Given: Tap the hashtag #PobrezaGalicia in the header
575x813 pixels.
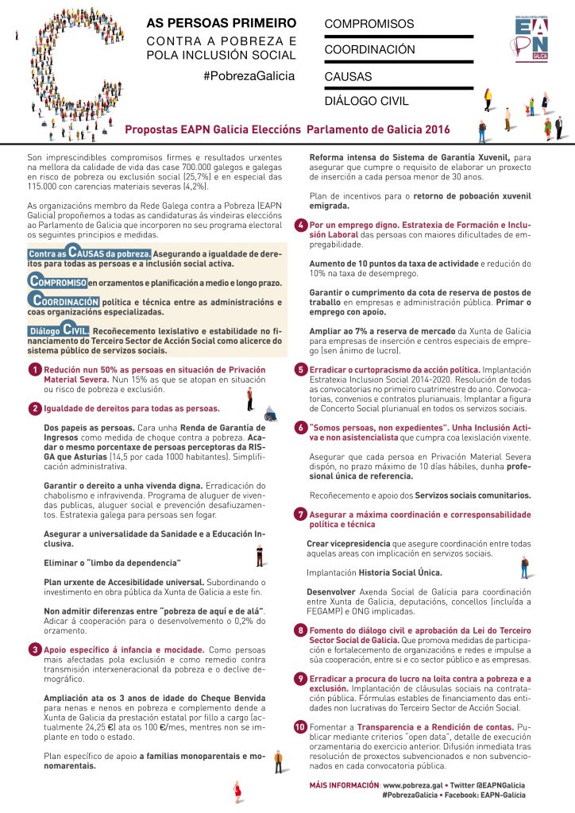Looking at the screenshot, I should (x=249, y=75).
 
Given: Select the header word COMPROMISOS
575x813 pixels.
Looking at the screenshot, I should (x=369, y=25).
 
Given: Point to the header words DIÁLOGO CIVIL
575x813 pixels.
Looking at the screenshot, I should (x=366, y=101).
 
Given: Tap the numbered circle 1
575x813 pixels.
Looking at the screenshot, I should (x=35, y=370).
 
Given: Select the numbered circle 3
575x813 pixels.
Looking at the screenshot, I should (x=35, y=649).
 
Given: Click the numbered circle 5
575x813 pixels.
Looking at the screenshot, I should (x=301, y=369).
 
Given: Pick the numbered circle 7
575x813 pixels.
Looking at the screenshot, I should (x=301, y=514).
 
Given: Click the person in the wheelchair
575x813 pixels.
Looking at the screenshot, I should (x=270, y=413).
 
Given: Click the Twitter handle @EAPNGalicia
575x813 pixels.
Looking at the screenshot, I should (x=496, y=784).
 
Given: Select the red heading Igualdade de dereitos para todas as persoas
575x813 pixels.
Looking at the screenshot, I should (x=131, y=408).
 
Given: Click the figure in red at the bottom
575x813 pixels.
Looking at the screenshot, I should (x=237, y=792).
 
